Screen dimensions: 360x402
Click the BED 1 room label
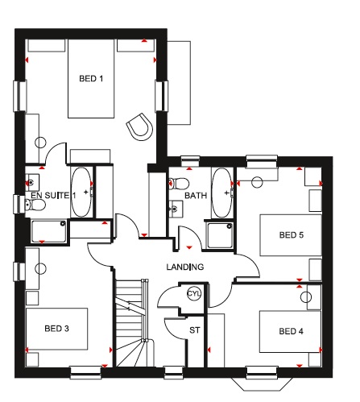click(91, 79)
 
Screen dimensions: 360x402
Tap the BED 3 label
click(56, 329)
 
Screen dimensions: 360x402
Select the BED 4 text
click(291, 331)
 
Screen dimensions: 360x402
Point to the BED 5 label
click(292, 235)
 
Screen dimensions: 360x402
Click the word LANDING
click(185, 267)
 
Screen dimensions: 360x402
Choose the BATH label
click(196, 196)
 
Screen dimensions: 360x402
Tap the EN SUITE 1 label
click(53, 196)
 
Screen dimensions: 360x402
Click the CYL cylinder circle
click(194, 293)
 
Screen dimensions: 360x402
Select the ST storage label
click(195, 330)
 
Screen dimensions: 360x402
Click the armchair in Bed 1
click(140, 127)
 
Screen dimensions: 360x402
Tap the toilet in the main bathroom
click(179, 184)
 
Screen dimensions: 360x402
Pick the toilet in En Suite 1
click(35, 205)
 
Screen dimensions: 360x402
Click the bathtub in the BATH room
click(221, 193)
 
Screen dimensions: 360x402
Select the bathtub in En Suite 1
click(81, 192)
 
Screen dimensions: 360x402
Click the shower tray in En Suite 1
click(48, 231)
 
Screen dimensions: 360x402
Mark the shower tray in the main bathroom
click(220, 235)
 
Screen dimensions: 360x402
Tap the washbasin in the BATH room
click(176, 209)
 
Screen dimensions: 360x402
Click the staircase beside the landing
click(132, 323)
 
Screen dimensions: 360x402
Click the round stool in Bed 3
click(40, 268)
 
